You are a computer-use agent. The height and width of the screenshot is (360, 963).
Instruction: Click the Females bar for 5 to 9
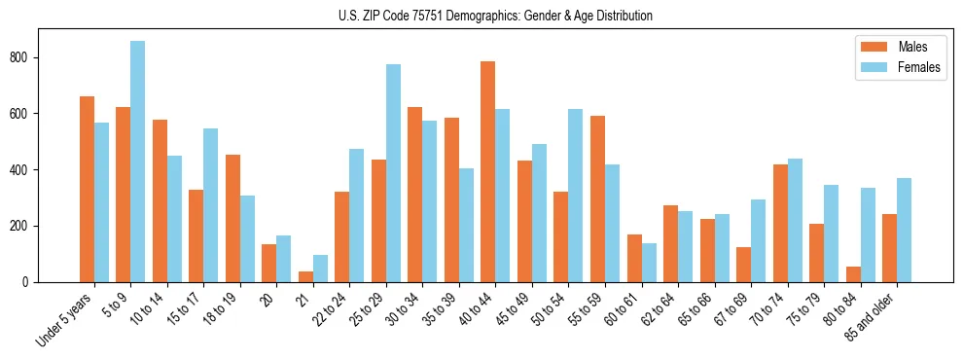[138, 162]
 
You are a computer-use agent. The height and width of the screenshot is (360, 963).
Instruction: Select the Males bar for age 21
[305, 276]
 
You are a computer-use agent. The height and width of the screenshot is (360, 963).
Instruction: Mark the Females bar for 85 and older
[905, 230]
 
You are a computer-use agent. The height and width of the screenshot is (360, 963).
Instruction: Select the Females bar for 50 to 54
[576, 195]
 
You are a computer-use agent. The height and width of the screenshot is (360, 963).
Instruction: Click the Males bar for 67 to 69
[744, 265]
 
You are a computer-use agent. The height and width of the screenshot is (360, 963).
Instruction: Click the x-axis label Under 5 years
[66, 318]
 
